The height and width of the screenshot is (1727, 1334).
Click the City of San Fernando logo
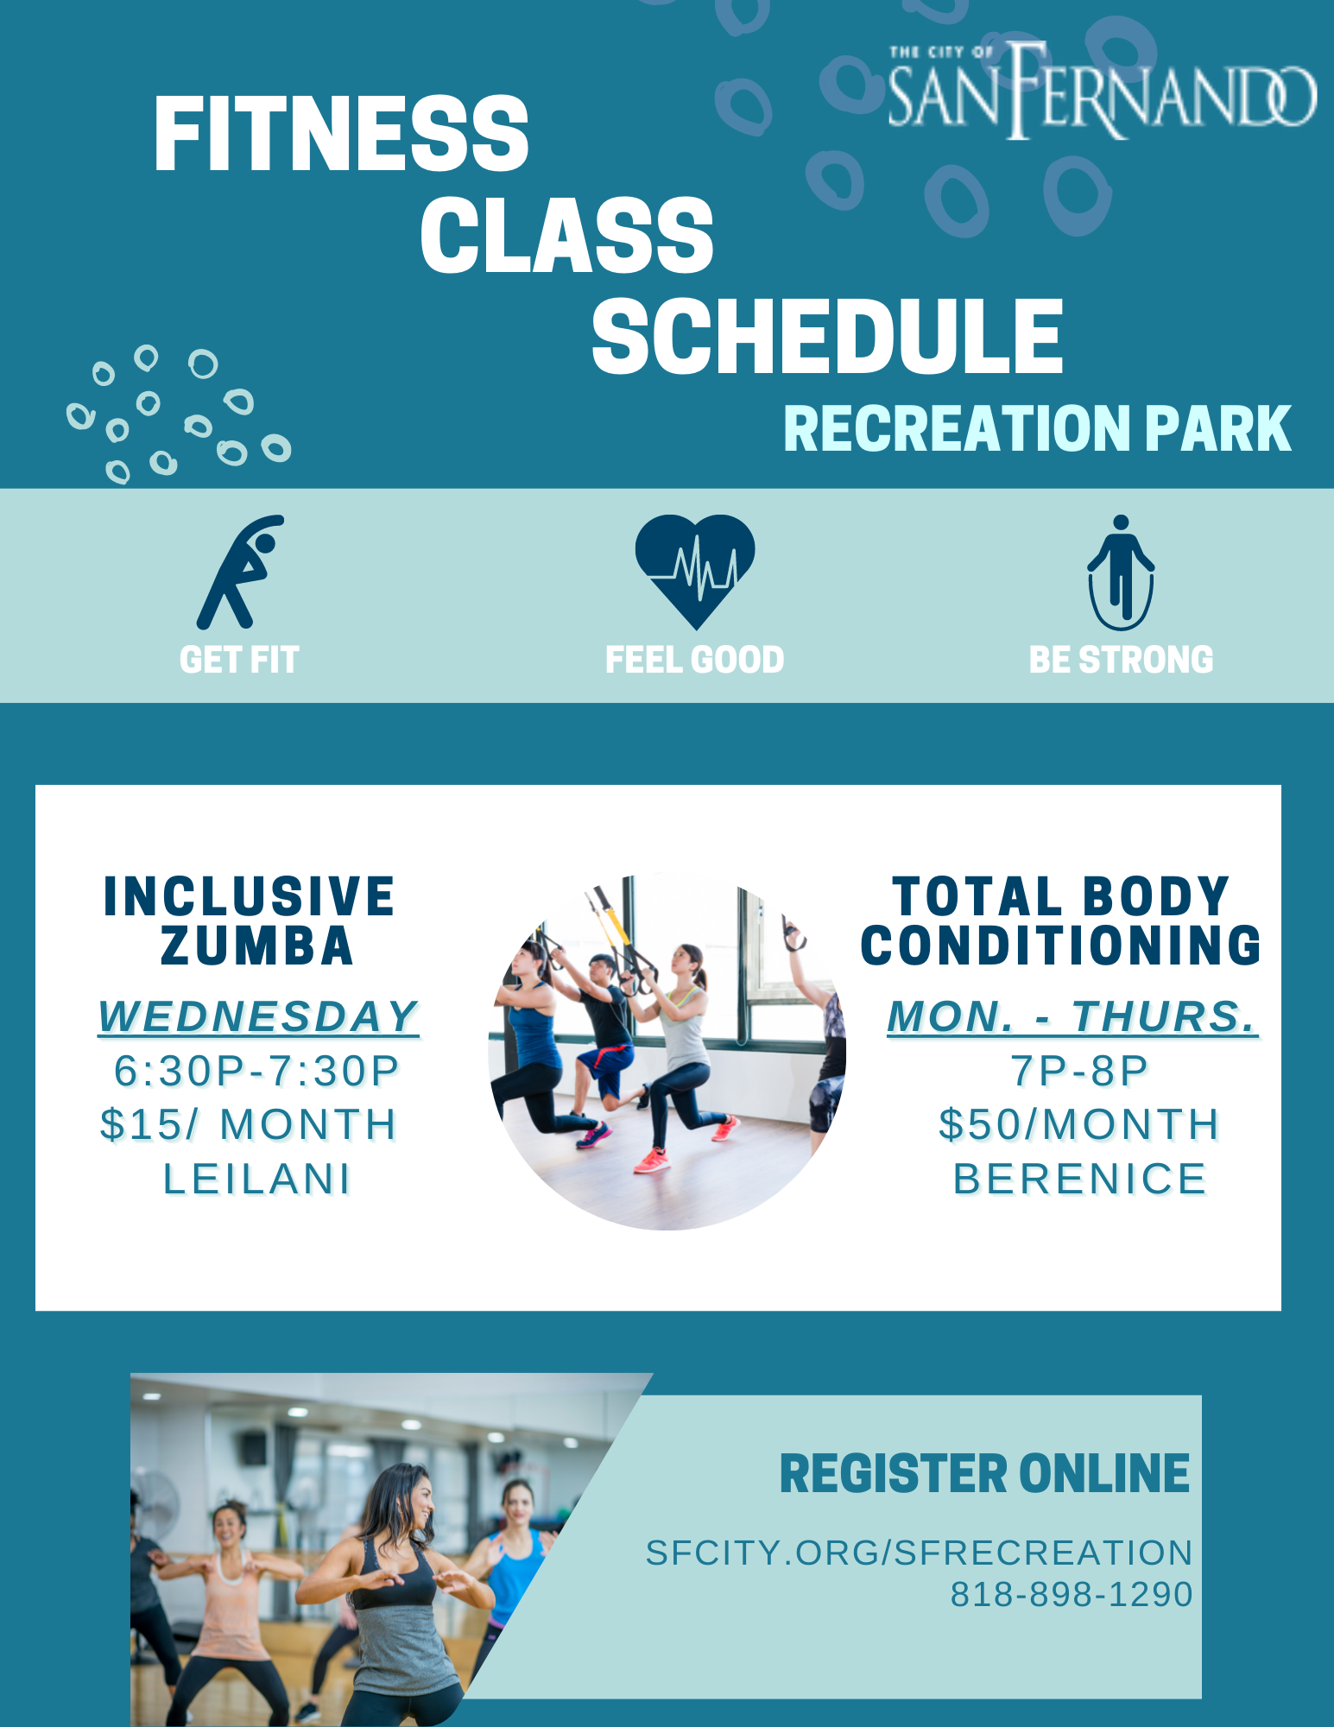pos(1103,90)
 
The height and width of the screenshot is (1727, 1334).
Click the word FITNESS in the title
pos(341,134)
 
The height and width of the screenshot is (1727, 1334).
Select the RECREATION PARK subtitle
pos(1037,428)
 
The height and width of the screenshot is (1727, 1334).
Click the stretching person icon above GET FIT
pos(240,572)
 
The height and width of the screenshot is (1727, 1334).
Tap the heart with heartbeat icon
pos(695,571)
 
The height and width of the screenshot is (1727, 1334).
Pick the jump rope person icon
pos(1121,573)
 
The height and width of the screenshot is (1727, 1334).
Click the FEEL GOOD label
pos(695,660)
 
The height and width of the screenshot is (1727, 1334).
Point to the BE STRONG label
pos(1121,660)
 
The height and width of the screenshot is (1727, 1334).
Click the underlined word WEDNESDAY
pos(258,1016)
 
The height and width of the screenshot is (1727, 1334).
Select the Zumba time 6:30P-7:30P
pos(256,1071)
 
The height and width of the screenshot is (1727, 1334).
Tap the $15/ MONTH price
pos(249,1124)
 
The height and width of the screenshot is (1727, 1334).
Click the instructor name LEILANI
pos(257,1179)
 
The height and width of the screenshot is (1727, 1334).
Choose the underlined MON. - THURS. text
pos(1072,1016)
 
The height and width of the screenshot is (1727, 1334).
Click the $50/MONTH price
pos(1079,1124)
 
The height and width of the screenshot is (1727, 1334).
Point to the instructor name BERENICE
pos(1079,1179)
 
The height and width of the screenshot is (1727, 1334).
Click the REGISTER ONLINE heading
pos(984,1473)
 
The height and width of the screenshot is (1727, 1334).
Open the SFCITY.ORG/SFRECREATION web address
pos(919,1553)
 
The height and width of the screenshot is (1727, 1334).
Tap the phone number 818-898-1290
pos(1072,1594)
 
